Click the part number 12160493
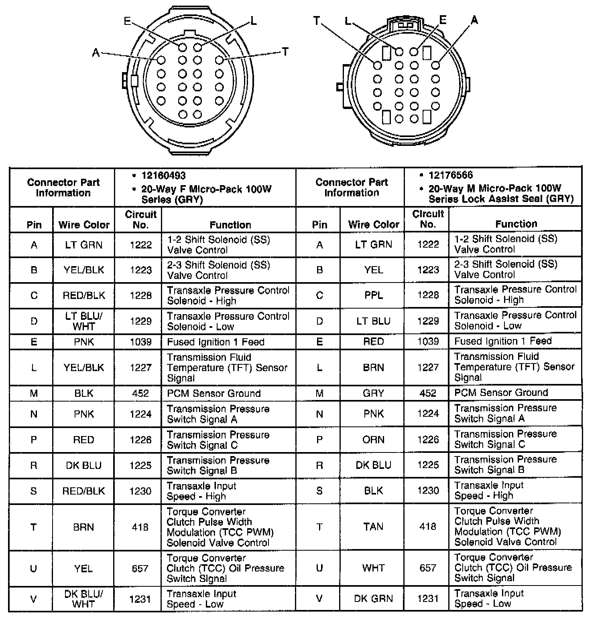point(163,176)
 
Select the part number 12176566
point(451,175)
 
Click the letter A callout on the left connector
point(96,53)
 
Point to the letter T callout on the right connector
point(317,21)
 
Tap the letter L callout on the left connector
point(253,21)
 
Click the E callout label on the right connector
point(443,20)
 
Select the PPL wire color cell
point(373,295)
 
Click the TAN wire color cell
point(373,527)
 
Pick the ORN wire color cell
point(373,440)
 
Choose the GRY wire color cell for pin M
point(373,393)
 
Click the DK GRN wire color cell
point(373,599)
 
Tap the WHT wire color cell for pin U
point(373,568)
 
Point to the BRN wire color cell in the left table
point(83,527)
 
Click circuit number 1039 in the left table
point(140,342)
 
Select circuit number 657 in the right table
point(428,568)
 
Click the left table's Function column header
point(230,225)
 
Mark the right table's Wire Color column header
point(373,224)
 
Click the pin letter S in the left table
point(34,491)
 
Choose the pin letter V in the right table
point(319,599)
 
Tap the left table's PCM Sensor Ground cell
point(213,394)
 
